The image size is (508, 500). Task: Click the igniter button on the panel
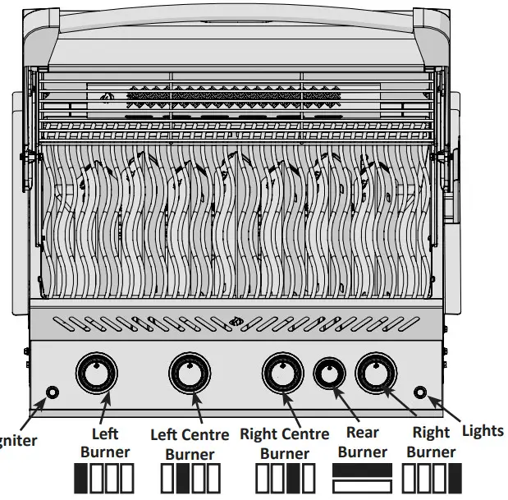(x=53, y=392)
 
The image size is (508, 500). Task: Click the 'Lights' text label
(x=483, y=430)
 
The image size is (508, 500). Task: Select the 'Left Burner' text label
(x=105, y=443)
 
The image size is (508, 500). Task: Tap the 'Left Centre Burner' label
(x=190, y=444)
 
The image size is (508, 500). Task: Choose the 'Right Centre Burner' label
(x=284, y=443)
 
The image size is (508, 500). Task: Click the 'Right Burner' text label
(x=431, y=443)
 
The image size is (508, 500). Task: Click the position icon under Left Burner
(x=104, y=479)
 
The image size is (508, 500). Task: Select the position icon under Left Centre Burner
(x=190, y=479)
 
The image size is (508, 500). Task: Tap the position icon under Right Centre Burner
(x=285, y=479)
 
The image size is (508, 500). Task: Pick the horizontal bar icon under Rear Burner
(x=363, y=479)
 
